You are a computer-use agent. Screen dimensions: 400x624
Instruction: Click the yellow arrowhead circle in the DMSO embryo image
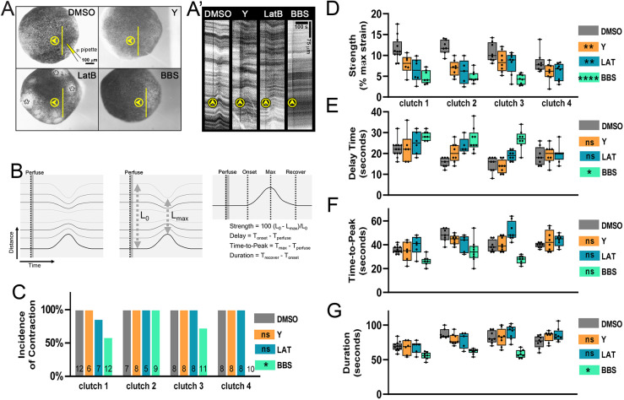click(53, 41)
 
